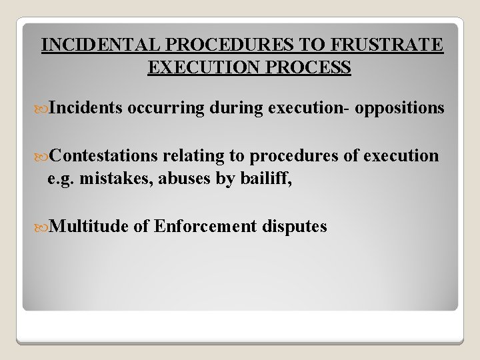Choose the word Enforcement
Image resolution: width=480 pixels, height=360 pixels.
point(203,226)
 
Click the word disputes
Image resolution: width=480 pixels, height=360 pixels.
point(293,226)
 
